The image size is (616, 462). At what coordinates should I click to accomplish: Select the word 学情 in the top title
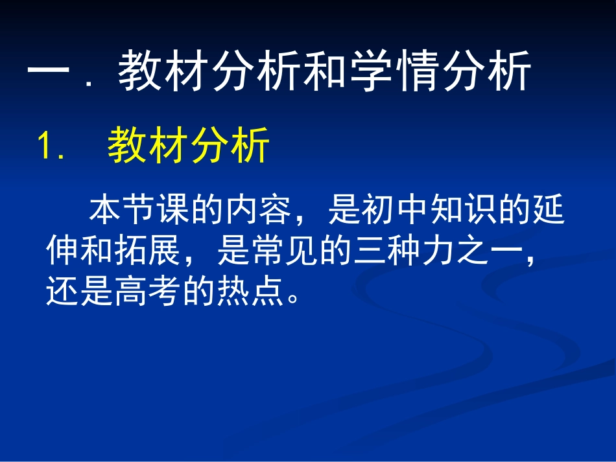point(396,71)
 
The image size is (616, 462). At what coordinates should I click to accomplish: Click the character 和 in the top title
point(326,71)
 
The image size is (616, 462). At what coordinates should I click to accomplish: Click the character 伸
point(62,250)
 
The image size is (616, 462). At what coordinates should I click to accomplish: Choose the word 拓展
point(147,250)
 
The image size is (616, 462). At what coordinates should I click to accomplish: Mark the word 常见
point(285,250)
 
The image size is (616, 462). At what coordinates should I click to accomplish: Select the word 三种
point(387,250)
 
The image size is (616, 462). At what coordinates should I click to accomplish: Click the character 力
point(438,250)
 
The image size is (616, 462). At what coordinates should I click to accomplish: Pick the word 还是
point(79,291)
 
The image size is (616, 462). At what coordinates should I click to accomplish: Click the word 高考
point(147,291)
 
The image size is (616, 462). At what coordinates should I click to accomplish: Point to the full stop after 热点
point(293,298)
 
